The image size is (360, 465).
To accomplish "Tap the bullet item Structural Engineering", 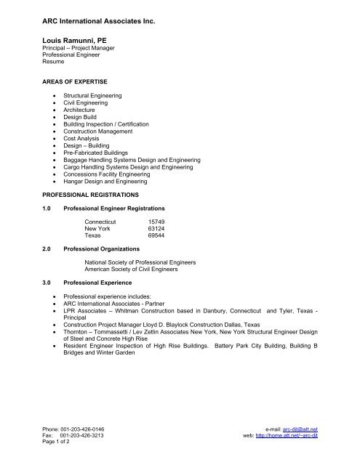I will point(92,96).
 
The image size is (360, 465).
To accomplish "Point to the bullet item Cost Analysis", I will point(81,139).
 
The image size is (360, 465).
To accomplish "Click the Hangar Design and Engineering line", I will point(104,182).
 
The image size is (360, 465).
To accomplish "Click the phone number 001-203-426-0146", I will point(73,430).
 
